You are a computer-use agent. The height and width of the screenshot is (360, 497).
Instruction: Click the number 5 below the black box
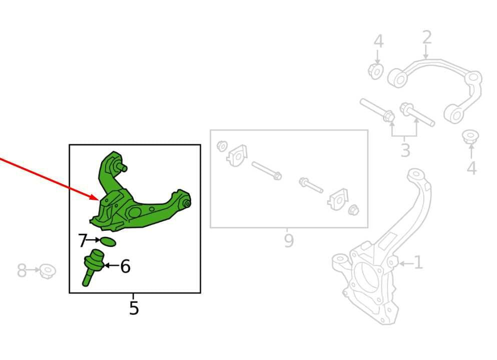134,307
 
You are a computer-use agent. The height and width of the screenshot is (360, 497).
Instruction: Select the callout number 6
125,266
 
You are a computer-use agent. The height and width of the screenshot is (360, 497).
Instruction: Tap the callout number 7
83,240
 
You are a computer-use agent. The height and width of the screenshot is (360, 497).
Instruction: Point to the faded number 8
22,270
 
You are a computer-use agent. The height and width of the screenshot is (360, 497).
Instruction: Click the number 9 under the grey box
289,241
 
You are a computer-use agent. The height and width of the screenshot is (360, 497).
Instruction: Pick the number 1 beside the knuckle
418,262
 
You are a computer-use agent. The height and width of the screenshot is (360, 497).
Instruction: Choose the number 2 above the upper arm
427,38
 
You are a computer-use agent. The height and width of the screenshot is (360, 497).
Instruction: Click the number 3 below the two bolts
405,150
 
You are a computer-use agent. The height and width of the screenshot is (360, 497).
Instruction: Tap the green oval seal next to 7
108,242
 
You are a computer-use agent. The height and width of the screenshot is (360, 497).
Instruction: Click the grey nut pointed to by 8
48,271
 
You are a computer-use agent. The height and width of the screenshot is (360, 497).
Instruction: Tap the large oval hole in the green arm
134,212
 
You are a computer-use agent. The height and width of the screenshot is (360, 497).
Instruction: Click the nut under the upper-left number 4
376,71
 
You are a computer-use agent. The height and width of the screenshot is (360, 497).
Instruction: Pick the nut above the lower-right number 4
470,137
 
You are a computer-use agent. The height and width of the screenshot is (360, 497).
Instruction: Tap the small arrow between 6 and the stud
111,265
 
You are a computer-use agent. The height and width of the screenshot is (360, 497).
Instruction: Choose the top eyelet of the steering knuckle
416,175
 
